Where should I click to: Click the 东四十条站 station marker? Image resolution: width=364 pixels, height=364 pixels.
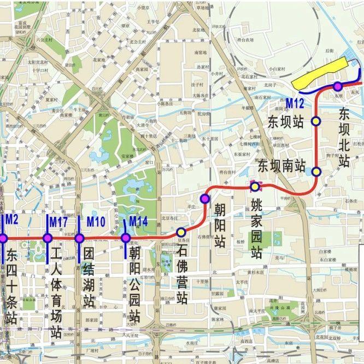click(x=2, y=238)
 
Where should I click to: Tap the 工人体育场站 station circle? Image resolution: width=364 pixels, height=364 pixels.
click(x=48, y=238)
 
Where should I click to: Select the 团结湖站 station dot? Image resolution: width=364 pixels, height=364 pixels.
click(x=79, y=238)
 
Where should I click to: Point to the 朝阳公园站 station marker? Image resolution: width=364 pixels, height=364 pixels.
click(x=126, y=238)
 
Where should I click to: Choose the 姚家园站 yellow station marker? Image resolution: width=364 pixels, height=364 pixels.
click(x=255, y=187)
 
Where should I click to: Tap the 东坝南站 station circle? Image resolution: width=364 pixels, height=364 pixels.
click(x=316, y=172)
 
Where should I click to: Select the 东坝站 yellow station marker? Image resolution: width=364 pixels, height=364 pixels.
click(x=316, y=121)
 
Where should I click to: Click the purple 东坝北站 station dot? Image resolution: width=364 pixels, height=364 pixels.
click(x=338, y=86)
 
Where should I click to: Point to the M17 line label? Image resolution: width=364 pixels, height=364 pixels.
click(x=58, y=222)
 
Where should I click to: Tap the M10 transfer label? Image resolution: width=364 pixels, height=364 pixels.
click(x=96, y=222)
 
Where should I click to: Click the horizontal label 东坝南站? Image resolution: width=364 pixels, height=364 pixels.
click(x=281, y=166)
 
